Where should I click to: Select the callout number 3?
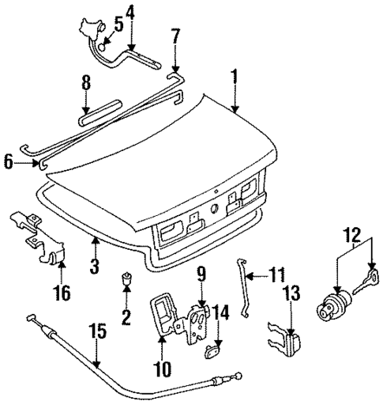coord(94,267)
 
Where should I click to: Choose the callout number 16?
coord(61,293)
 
